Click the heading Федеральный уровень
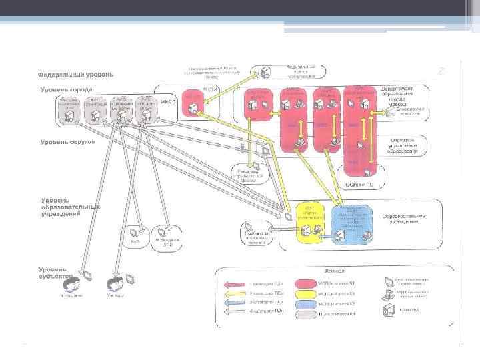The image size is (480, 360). click(75, 74)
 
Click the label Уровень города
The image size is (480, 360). click(67, 89)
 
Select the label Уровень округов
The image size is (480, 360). click(69, 142)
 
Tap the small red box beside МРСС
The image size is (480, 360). click(193, 100)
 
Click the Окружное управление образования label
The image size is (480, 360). click(403, 145)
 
